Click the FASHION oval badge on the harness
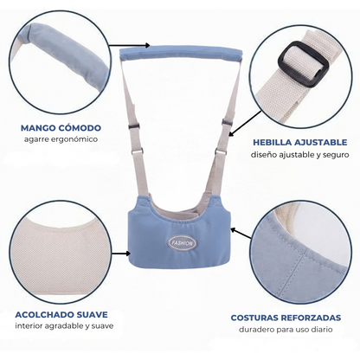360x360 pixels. (181, 243)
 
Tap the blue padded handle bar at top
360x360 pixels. (181, 54)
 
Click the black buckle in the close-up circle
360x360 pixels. (301, 63)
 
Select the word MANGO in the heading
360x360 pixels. (37, 128)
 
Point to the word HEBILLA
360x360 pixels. (271, 142)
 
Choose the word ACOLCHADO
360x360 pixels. (45, 314)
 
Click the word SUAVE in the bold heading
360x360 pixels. (93, 314)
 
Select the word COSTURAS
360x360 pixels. (254, 318)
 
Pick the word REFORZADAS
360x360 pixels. (311, 318)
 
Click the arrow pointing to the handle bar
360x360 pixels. (130, 45)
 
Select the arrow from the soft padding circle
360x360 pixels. (121, 254)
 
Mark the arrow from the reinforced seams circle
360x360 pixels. (241, 234)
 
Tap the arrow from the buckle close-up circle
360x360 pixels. (245, 123)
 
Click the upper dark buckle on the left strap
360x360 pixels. (135, 126)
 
